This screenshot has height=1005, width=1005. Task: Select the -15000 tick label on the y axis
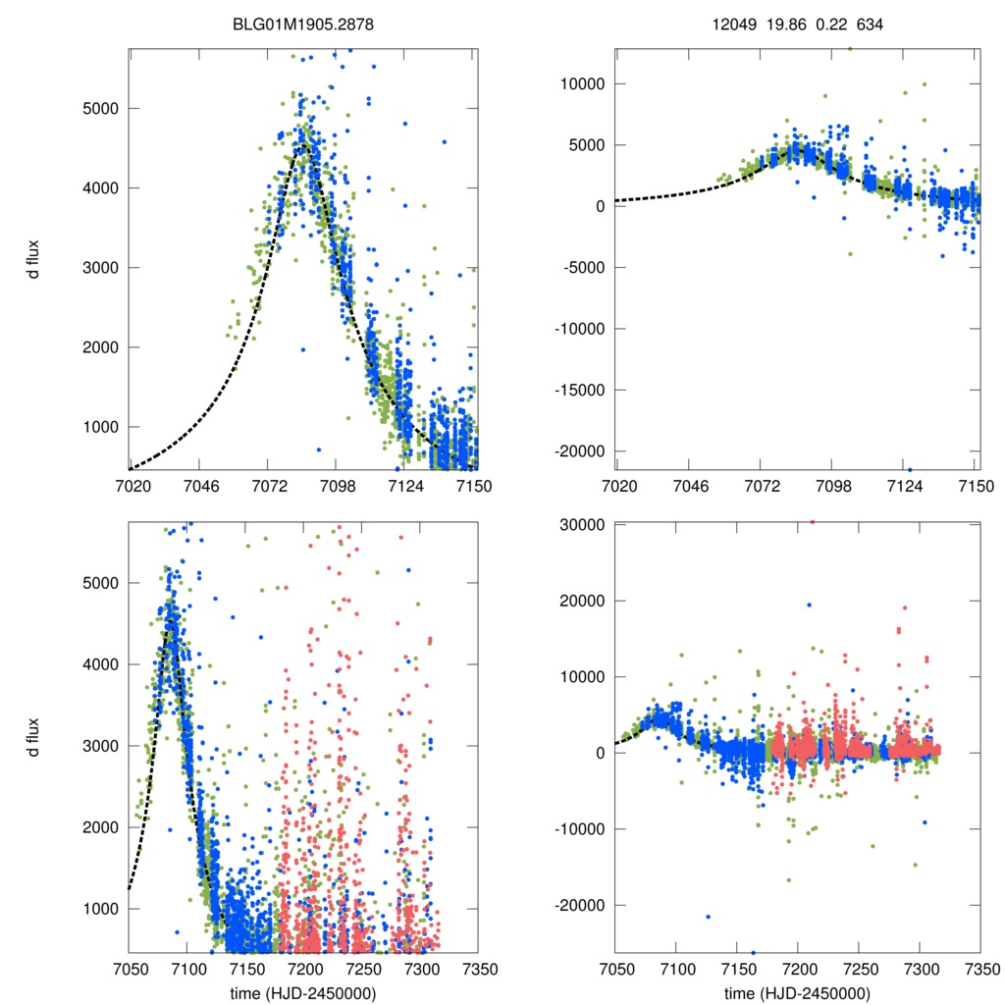pos(580,390)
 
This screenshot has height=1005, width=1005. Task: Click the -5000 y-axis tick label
pos(584,267)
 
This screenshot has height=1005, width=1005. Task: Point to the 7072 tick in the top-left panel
pos(270,486)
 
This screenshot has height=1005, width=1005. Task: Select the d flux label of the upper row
pos(33,260)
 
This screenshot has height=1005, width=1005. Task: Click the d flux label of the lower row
pos(33,737)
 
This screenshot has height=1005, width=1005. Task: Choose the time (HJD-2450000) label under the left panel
pos(303,992)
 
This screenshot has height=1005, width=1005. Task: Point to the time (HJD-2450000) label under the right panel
pos(798,992)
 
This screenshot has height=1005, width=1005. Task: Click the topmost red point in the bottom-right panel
pos(812,521)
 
